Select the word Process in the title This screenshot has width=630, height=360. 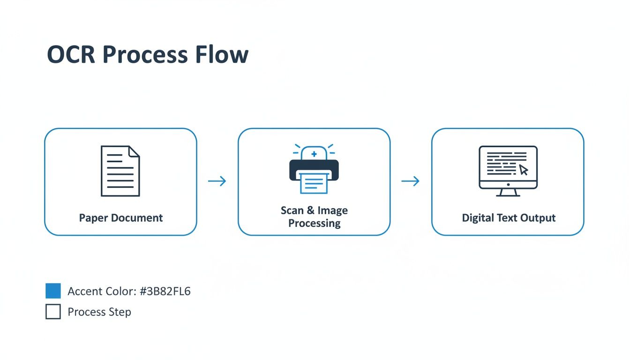coord(145,54)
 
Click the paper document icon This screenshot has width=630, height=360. coord(120,171)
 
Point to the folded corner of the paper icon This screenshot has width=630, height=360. coord(134,151)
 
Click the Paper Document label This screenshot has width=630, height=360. coord(121,218)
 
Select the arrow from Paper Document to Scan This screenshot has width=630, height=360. coord(217,181)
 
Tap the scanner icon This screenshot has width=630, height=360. coord(314,170)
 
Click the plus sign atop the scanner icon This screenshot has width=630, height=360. coord(314,154)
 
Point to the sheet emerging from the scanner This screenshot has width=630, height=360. coord(314,183)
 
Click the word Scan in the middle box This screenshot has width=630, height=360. coord(292,210)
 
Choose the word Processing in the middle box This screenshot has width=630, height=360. coord(314,223)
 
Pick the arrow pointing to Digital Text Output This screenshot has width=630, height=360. coord(411,181)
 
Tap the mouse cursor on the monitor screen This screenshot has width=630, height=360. coord(524,170)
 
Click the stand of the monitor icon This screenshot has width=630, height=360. coord(508,192)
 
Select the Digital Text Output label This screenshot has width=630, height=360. coord(509,218)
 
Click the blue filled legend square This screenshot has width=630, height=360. coord(53,291)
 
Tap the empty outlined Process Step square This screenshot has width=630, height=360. coord(53,312)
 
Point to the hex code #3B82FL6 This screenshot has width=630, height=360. coord(165,292)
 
